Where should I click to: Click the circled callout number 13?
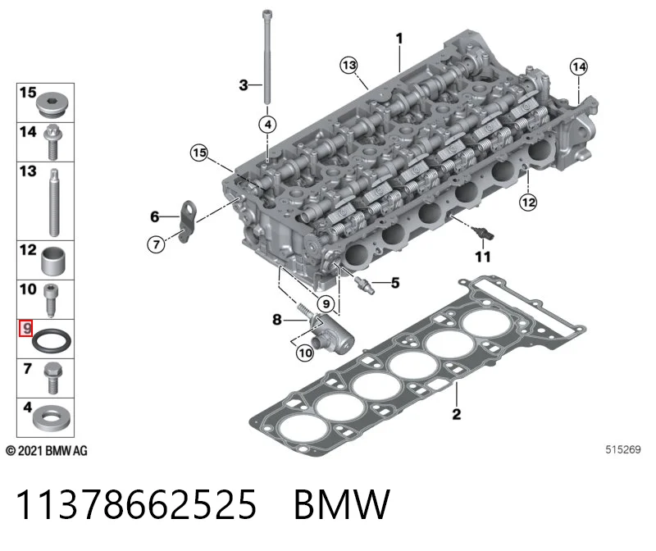349,66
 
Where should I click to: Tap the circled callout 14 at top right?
579,66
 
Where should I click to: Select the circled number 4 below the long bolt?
268,125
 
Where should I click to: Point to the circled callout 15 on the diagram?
199,153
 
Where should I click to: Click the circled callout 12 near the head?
528,203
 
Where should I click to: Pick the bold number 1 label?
399,39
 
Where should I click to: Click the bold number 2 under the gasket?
457,414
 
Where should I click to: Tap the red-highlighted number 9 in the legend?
26,328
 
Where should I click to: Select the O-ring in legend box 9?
52,340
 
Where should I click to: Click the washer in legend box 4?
51,417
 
